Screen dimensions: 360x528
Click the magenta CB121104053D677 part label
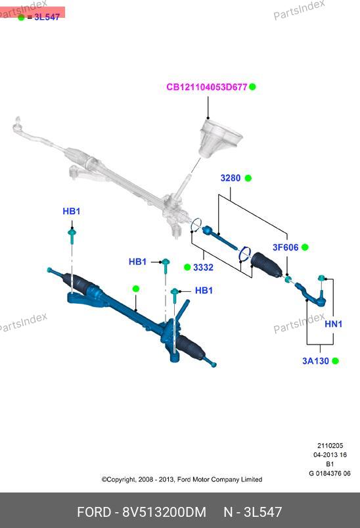click(206, 87)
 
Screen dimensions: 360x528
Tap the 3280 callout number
click(231, 178)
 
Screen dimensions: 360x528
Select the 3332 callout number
click(203, 268)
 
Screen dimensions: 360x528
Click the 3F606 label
click(285, 247)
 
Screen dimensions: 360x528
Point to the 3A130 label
click(315, 361)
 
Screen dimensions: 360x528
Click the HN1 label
click(334, 324)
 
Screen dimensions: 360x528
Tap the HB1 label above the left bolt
click(72, 211)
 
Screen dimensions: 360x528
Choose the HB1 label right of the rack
click(204, 290)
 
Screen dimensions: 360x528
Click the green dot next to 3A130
click(335, 361)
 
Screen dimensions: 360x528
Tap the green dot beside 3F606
click(305, 247)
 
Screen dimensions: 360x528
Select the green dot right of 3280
click(248, 178)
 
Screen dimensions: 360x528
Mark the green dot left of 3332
click(187, 268)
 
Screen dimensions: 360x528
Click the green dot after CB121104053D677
click(252, 87)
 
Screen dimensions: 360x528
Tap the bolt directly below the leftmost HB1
click(72, 235)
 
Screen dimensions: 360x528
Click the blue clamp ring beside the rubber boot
click(245, 254)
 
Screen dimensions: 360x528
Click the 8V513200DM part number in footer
click(164, 512)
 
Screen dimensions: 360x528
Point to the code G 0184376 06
click(330, 473)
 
